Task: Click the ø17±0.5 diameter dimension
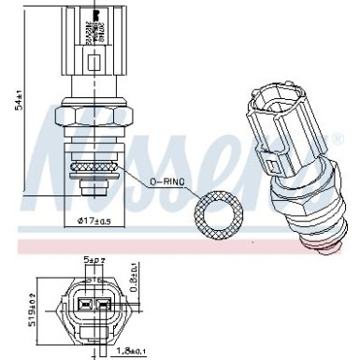click(x=88, y=222)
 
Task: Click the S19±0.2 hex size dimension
click(x=9, y=312)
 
